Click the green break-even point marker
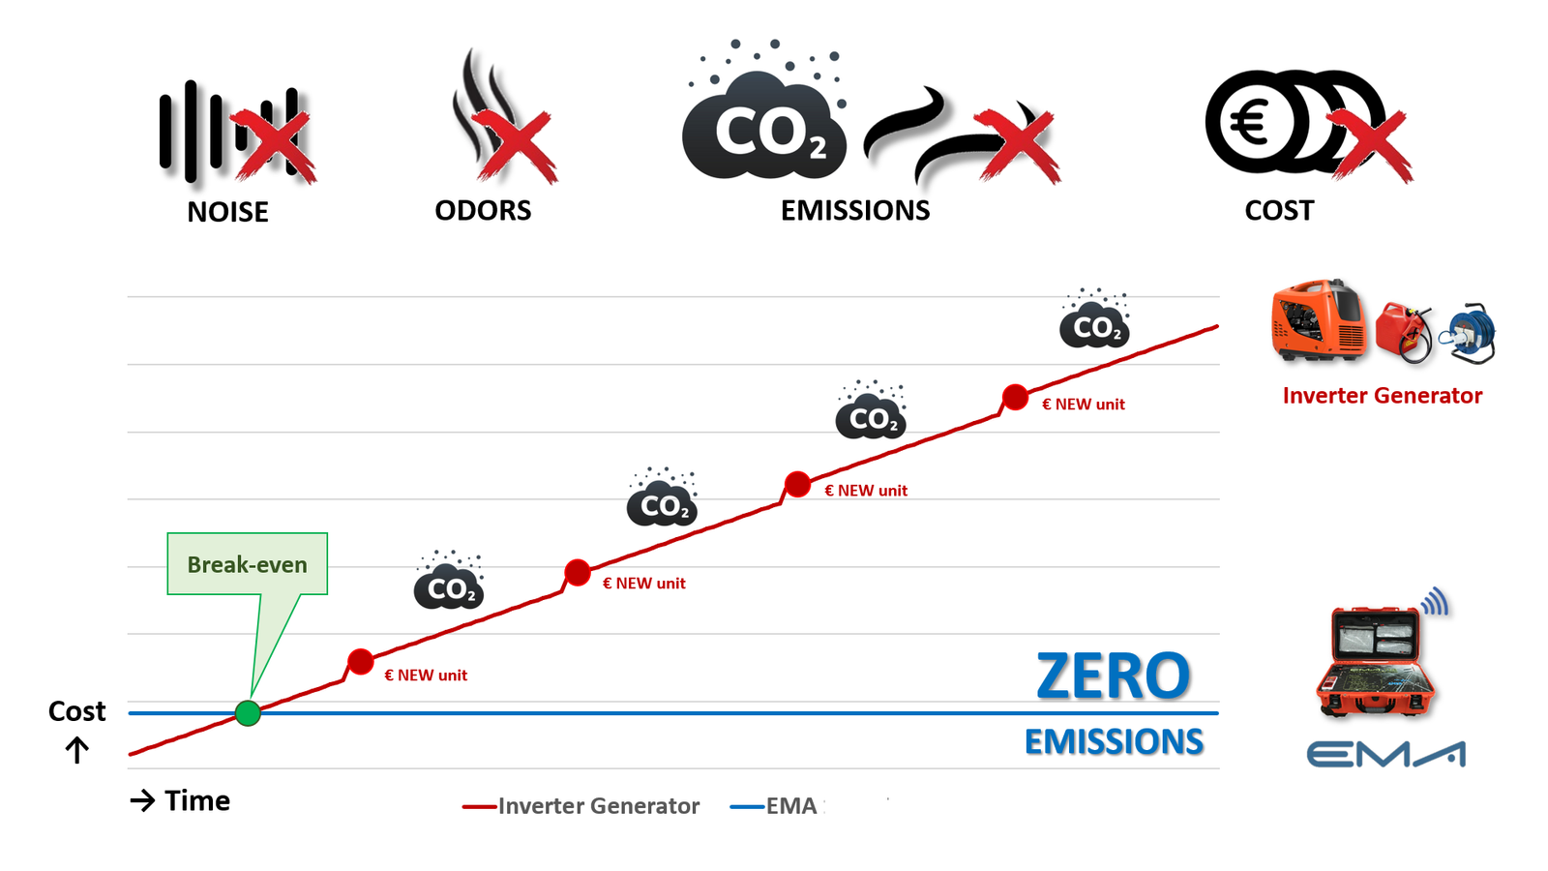(x=248, y=713)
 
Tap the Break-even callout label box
(x=247, y=564)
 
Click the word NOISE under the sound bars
(x=227, y=212)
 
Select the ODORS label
(x=483, y=210)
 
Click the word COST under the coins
(x=1279, y=210)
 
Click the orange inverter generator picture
(x=1318, y=321)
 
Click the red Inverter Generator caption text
(x=1382, y=395)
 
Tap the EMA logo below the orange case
(x=1385, y=754)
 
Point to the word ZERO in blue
(x=1113, y=676)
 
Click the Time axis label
(x=196, y=800)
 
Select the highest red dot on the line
(x=1015, y=397)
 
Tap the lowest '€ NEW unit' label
(x=426, y=676)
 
